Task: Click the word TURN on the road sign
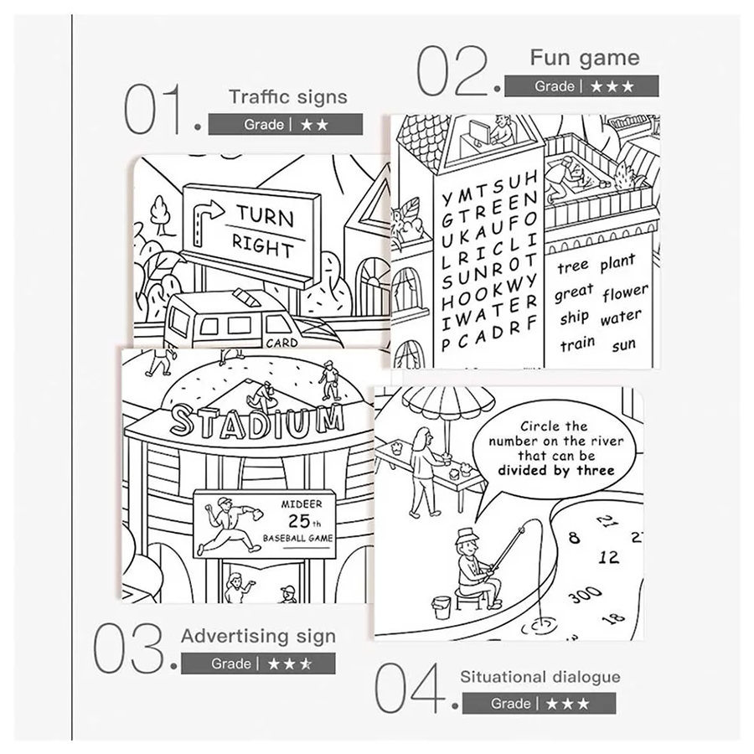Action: pos(265,216)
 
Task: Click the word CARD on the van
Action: pos(281,343)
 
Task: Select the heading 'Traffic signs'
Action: pos(288,96)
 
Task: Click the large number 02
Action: pos(452,70)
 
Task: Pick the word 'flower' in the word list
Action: pos(625,292)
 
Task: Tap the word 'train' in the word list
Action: pos(577,343)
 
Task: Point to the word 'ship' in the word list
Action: pos(574,318)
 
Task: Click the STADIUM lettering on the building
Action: pos(258,421)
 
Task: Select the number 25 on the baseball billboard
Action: pos(299,521)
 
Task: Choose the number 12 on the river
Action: pos(608,557)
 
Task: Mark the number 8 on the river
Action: pos(574,537)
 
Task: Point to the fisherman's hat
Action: pos(465,535)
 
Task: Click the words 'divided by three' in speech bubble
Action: pos(556,470)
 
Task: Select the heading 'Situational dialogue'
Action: pos(540,677)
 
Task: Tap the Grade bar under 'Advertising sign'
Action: pos(258,664)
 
